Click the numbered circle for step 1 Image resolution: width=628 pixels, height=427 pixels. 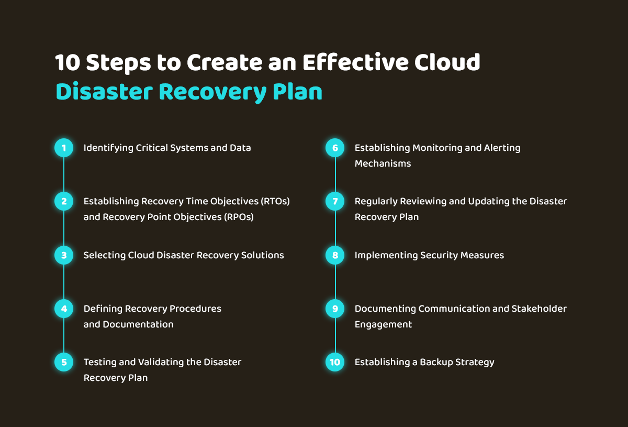pos(64,148)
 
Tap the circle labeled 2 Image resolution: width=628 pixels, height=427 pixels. pos(64,201)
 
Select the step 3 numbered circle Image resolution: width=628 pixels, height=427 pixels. pos(64,255)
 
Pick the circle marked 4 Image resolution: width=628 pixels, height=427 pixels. pos(64,309)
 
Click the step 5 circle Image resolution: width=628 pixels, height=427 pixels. pos(64,362)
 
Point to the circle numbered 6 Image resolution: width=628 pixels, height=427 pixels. pos(335,148)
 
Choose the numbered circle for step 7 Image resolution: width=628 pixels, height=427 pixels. pos(335,201)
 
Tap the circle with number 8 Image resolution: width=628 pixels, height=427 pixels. pos(335,255)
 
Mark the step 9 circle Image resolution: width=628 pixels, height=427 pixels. pos(335,309)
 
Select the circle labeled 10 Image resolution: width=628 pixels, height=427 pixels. pos(335,362)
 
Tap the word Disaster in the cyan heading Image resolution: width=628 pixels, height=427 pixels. pos(104,92)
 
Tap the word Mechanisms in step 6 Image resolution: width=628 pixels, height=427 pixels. pos(383,163)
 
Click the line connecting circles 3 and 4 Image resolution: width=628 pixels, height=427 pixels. pos(64,282)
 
